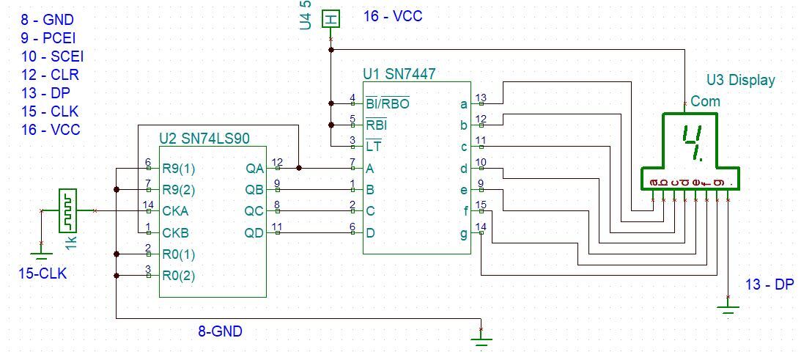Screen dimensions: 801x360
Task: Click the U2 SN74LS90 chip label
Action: click(205, 138)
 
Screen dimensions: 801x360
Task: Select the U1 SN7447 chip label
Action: click(399, 74)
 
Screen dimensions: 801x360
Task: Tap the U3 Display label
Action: click(741, 80)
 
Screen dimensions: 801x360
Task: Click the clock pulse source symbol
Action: click(67, 210)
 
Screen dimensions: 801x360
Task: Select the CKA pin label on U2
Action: click(176, 211)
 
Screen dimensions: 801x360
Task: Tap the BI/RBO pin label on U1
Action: click(388, 104)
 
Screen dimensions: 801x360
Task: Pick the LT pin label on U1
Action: click(373, 147)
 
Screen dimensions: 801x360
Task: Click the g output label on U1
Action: click(464, 235)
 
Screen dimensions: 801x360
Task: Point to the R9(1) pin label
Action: click(179, 168)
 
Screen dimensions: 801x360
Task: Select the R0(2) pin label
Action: click(179, 276)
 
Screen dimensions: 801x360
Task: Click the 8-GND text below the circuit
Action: click(220, 331)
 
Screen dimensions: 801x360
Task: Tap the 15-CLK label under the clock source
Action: click(43, 273)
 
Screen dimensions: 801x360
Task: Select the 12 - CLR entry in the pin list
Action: click(50, 75)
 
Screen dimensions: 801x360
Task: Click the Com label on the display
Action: click(705, 101)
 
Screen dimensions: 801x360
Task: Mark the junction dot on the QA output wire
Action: click(299, 168)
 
